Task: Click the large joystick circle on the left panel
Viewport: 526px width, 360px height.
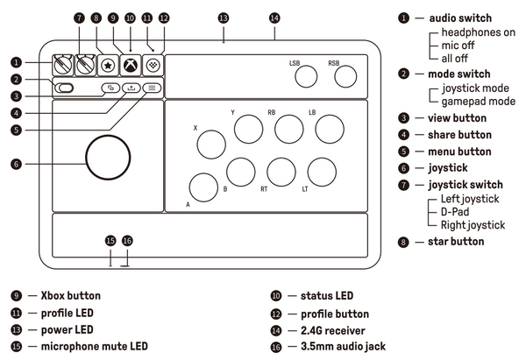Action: pos(110,155)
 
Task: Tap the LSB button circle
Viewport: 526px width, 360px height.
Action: pos(306,78)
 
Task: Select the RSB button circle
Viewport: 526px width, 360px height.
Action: pos(345,78)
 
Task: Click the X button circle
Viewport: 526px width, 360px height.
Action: pos(210,144)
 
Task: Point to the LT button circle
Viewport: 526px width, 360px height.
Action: pos(322,172)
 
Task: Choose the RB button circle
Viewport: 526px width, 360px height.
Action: pos(288,130)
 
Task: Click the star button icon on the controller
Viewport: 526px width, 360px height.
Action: pos(107,64)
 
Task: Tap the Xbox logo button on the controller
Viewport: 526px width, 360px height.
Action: pos(130,64)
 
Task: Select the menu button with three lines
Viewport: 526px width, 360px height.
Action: pos(152,88)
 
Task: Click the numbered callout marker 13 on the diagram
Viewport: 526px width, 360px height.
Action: pos(224,18)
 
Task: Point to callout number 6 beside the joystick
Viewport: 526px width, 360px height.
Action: pos(15,163)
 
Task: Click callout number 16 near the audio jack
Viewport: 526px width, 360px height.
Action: pos(128,240)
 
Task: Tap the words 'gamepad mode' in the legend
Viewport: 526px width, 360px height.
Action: pos(478,102)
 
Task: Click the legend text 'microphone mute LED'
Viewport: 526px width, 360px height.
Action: pos(95,347)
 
